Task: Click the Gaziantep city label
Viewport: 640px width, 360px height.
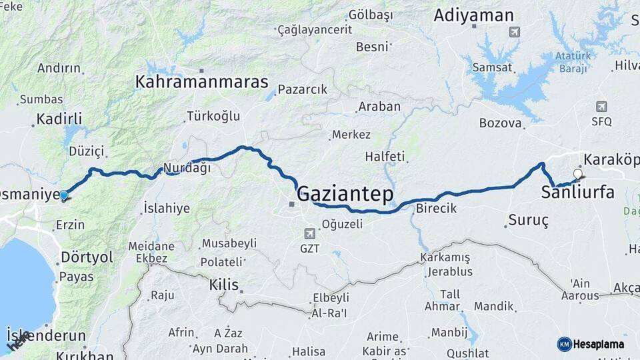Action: (345, 194)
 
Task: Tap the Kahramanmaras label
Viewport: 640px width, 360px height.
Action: (201, 82)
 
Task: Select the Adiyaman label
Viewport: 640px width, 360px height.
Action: (473, 15)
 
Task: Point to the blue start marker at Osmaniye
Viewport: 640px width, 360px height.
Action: (63, 196)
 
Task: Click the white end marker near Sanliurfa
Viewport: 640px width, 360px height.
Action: (577, 175)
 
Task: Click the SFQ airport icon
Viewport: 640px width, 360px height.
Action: (602, 107)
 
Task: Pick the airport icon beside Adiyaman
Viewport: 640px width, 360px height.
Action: (513, 31)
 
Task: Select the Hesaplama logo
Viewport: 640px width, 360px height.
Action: (590, 344)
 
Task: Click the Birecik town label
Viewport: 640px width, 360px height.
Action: (436, 208)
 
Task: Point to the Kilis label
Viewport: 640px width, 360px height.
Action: (223, 285)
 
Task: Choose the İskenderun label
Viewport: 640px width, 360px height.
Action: (46, 335)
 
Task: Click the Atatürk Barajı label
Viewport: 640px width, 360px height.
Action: (573, 63)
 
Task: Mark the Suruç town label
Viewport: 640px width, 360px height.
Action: (528, 220)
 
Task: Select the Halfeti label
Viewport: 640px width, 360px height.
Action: (385, 157)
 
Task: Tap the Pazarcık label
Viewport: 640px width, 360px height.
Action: (302, 89)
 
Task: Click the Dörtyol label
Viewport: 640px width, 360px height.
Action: (87, 257)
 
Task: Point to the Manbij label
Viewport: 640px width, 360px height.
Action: (449, 332)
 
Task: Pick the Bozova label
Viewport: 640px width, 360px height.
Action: (500, 123)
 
